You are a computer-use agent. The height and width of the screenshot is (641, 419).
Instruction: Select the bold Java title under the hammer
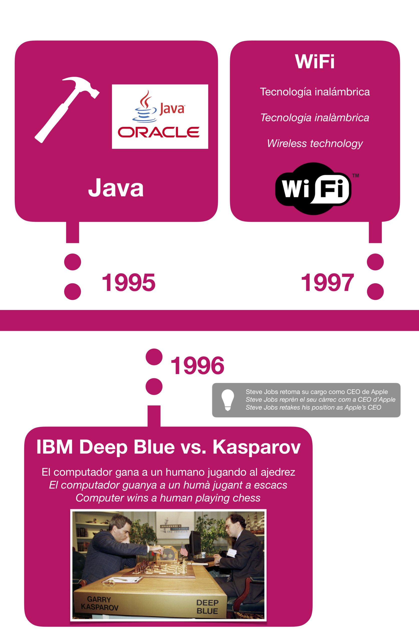[x=116, y=189]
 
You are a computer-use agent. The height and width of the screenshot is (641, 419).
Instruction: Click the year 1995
[x=129, y=282]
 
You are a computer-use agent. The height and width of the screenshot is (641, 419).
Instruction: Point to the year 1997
[x=327, y=282]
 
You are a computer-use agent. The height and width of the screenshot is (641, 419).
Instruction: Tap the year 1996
[x=197, y=366]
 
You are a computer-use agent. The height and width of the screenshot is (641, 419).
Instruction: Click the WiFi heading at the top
[x=315, y=62]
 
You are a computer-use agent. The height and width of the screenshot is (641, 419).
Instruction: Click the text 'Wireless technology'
[x=315, y=143]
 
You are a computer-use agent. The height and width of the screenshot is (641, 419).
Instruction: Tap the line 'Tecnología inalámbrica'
[x=315, y=92]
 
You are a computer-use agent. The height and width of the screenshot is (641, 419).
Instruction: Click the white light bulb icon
[x=228, y=400]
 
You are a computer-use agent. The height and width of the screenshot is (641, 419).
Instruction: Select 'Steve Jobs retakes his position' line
[x=313, y=407]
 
